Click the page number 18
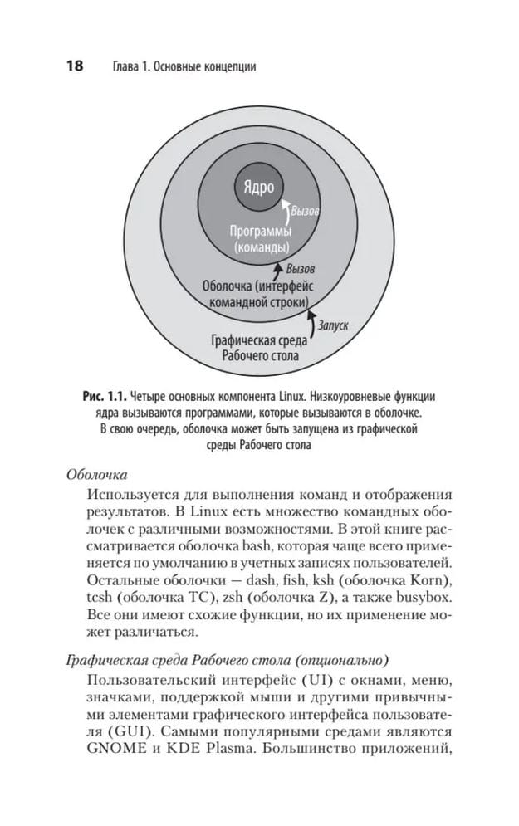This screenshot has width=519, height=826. (x=69, y=66)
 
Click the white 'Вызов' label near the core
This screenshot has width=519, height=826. (x=304, y=213)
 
